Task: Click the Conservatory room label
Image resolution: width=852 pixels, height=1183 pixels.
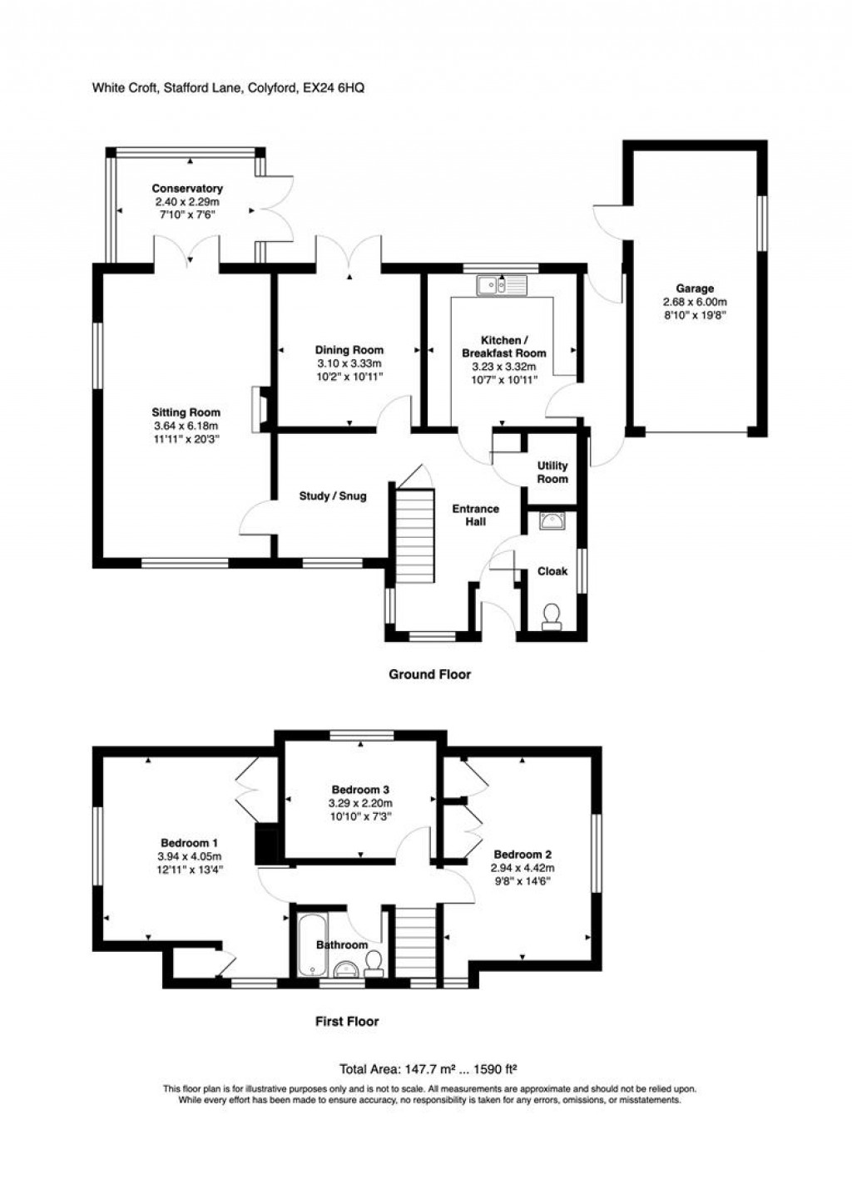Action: pyautogui.click(x=187, y=189)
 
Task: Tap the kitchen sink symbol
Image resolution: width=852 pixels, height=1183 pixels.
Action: pyautogui.click(x=502, y=286)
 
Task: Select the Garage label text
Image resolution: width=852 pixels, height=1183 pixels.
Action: pyautogui.click(x=694, y=289)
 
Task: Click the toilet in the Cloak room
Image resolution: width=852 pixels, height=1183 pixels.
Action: pyautogui.click(x=551, y=616)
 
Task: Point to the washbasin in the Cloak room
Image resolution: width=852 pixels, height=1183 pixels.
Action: pyautogui.click(x=552, y=521)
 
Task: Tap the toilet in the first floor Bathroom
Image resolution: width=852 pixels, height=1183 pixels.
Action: pyautogui.click(x=373, y=962)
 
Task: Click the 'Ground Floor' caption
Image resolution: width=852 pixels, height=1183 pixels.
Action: pyautogui.click(x=429, y=674)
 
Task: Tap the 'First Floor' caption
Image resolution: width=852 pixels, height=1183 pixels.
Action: pyautogui.click(x=346, y=1021)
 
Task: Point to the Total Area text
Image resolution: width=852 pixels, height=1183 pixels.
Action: pyautogui.click(x=428, y=1069)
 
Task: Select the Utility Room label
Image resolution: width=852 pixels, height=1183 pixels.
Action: pyautogui.click(x=552, y=472)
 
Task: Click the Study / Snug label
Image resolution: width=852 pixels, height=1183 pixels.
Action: pyautogui.click(x=333, y=496)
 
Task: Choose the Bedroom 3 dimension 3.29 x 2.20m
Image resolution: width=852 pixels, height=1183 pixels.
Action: pyautogui.click(x=361, y=803)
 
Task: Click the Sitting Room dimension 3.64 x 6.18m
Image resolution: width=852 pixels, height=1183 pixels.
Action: pyautogui.click(x=186, y=425)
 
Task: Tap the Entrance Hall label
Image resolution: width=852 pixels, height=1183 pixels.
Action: pyautogui.click(x=475, y=515)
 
